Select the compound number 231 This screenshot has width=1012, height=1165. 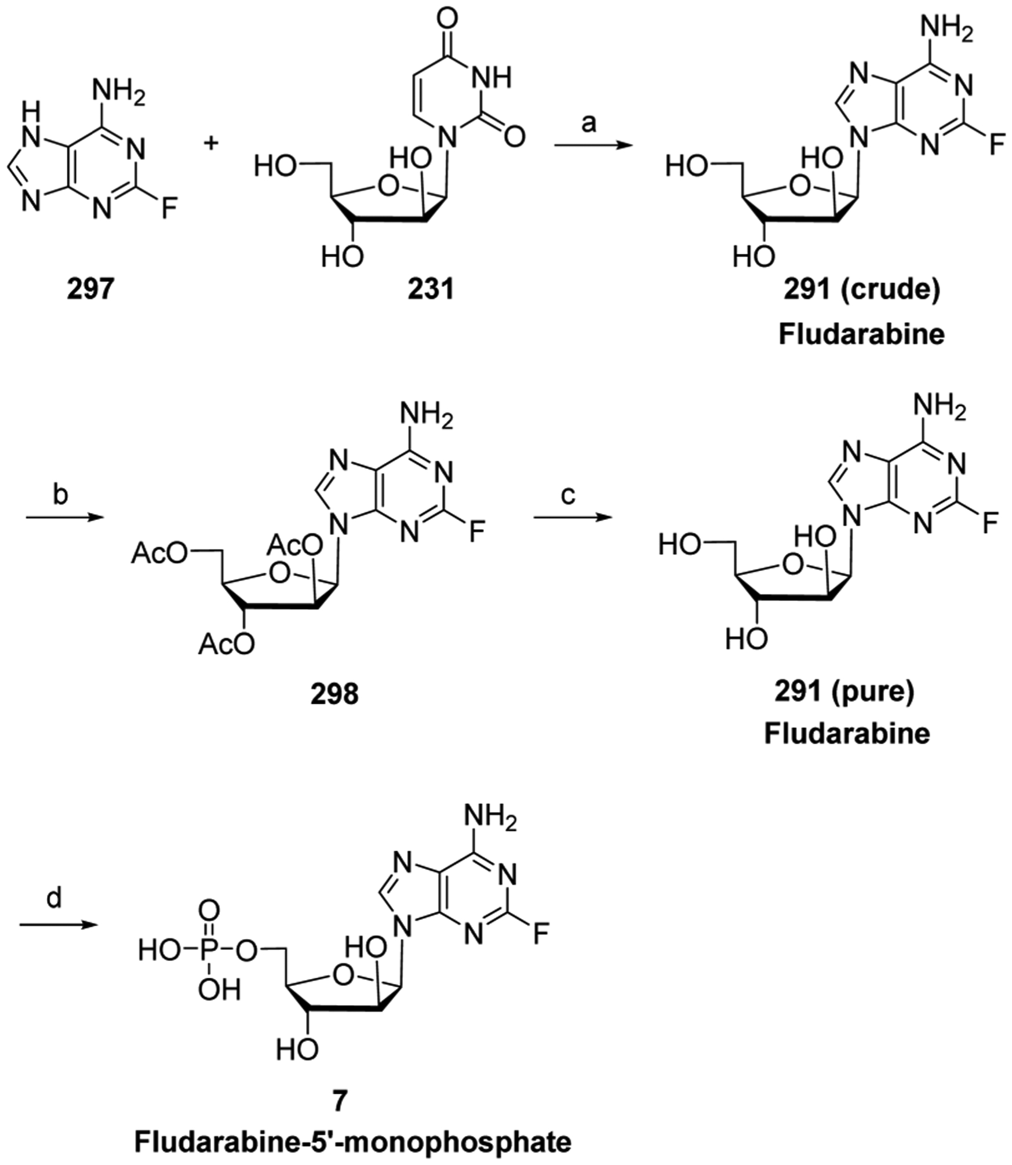pos(431,289)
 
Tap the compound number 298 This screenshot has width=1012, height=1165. pos(334,693)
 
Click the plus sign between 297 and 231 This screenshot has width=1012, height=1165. pos(213,143)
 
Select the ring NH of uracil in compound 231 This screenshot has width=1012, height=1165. pos(493,77)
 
